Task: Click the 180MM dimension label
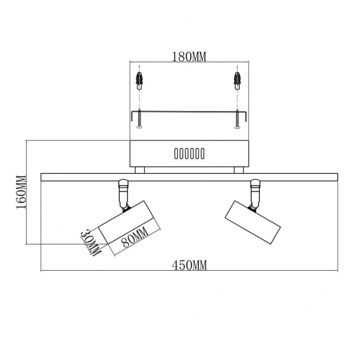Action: (189, 57)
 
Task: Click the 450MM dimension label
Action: (189, 265)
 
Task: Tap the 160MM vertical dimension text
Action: (21, 193)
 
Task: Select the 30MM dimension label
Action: (90, 241)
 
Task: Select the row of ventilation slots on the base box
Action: (189, 154)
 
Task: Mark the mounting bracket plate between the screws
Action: (189, 112)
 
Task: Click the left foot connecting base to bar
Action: (140, 170)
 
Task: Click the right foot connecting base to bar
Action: (238, 170)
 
